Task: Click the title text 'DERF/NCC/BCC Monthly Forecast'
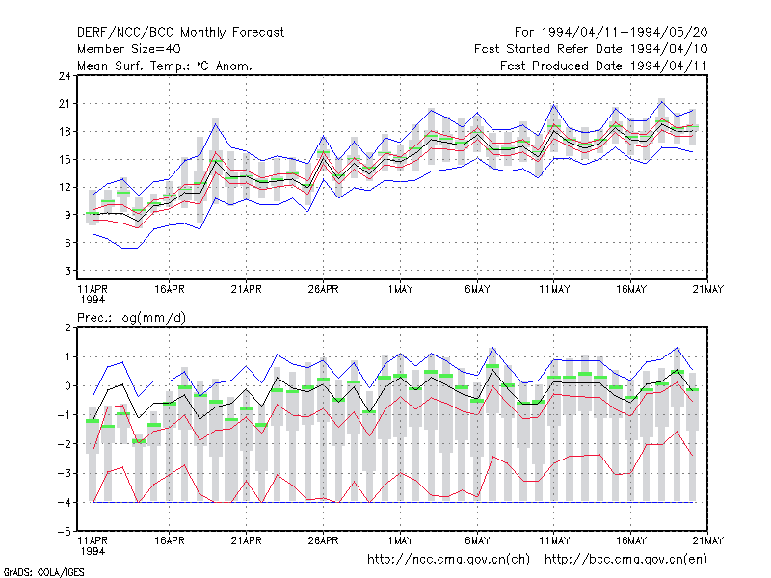coord(180,33)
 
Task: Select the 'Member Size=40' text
coord(129,49)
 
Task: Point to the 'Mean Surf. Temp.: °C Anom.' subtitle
coord(164,66)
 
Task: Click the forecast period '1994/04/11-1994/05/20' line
coord(625,33)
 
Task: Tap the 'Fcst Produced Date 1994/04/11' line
coord(603,66)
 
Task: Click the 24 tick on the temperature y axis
coord(65,76)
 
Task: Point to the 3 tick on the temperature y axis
coord(67,271)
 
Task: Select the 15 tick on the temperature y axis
coord(65,159)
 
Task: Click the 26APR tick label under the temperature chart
coord(323,289)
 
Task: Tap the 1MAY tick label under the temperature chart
coord(400,289)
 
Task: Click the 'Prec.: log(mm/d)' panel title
coord(131,318)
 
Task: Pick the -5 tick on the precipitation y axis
coord(65,532)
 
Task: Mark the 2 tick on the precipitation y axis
coord(67,328)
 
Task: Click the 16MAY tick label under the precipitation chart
coord(631,540)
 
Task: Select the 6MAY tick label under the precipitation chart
coord(477,540)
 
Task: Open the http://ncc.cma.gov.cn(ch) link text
coord(448,560)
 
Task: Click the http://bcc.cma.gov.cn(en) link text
coord(625,560)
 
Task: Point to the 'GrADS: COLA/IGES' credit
coord(43,572)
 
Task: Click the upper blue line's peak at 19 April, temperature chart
coord(215,124)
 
